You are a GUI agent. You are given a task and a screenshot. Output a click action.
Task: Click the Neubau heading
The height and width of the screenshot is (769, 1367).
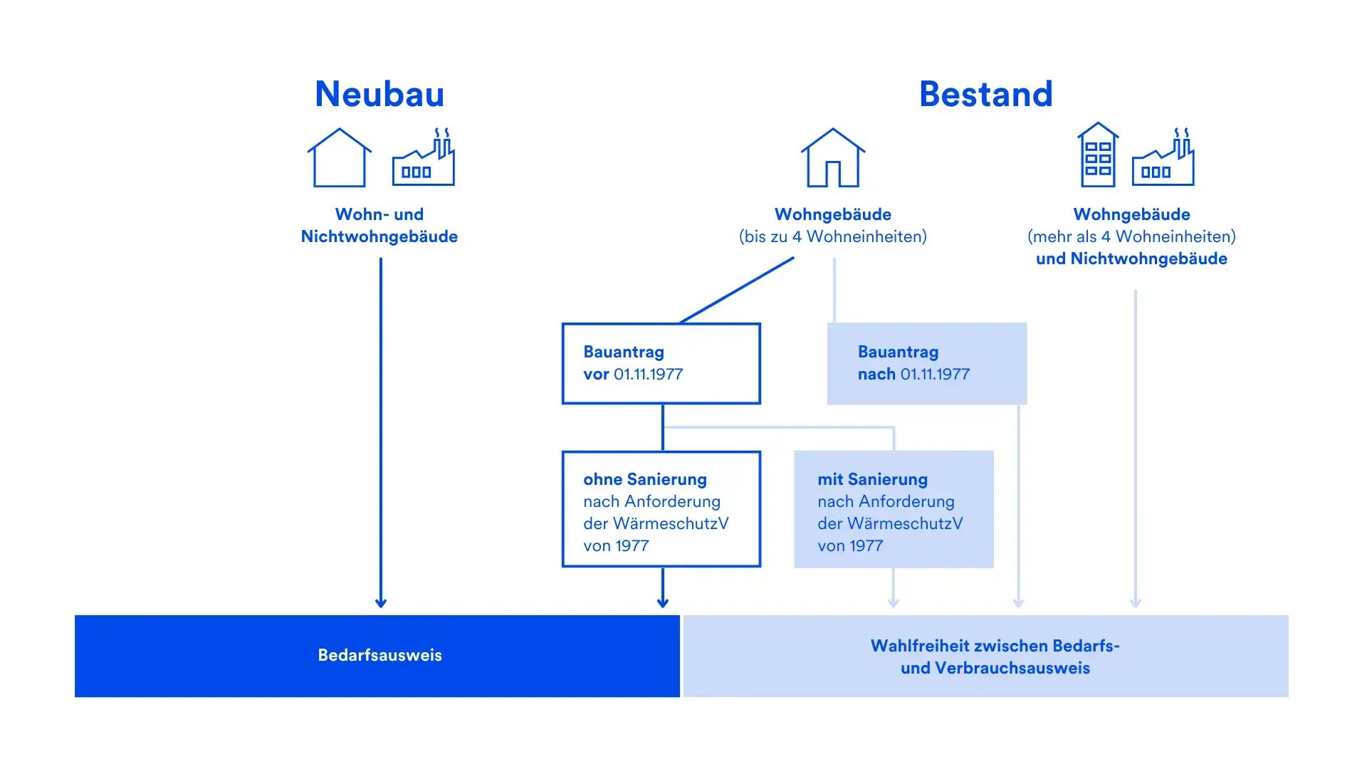[379, 94]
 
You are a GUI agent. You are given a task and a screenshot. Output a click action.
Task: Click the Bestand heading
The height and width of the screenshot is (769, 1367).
[985, 94]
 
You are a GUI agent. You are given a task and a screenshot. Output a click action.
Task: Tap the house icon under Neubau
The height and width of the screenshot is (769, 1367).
[340, 158]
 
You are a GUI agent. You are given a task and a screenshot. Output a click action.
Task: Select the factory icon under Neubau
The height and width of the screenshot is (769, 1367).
[424, 158]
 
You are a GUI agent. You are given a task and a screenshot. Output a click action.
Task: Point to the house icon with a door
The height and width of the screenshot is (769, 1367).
[833, 158]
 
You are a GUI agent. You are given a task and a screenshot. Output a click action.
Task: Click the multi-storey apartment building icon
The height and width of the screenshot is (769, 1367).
[1098, 155]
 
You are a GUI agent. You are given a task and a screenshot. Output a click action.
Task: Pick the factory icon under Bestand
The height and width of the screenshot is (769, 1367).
[1163, 158]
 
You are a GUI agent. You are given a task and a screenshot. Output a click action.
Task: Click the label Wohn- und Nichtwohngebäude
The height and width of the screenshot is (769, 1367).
[379, 225]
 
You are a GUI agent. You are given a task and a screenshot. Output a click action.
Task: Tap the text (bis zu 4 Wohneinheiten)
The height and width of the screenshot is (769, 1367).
[833, 236]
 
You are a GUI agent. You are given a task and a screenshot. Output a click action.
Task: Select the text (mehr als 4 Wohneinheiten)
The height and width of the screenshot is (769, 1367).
[1131, 236]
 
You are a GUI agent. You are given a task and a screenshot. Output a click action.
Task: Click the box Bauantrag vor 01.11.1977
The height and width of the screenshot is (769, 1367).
[661, 364]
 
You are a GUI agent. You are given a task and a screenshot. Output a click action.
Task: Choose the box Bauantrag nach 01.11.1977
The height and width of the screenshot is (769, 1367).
[926, 364]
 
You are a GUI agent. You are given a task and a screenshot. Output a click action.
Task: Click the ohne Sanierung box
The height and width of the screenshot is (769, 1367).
[661, 509]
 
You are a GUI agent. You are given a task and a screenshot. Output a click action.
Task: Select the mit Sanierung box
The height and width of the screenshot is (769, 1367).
[894, 509]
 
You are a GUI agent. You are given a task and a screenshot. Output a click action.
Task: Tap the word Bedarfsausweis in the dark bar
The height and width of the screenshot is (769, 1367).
[379, 655]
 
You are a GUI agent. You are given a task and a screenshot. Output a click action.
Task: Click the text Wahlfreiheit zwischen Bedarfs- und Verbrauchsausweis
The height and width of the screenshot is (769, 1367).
[995, 656]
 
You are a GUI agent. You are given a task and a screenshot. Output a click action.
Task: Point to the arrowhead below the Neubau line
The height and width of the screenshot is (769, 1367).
[381, 602]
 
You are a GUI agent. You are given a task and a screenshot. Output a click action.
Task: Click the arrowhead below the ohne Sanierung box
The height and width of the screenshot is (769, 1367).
[663, 602]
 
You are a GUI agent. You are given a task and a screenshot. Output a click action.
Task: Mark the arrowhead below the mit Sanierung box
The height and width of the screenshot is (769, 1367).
[894, 602]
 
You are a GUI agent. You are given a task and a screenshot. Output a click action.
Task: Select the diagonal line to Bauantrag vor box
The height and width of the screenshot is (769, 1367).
[737, 291]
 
